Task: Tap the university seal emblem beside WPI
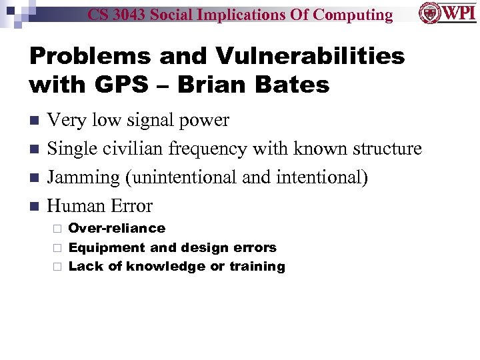429,13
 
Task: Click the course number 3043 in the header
133,15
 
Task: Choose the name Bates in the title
293,85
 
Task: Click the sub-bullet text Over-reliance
117,228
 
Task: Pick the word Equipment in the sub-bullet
101,247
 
